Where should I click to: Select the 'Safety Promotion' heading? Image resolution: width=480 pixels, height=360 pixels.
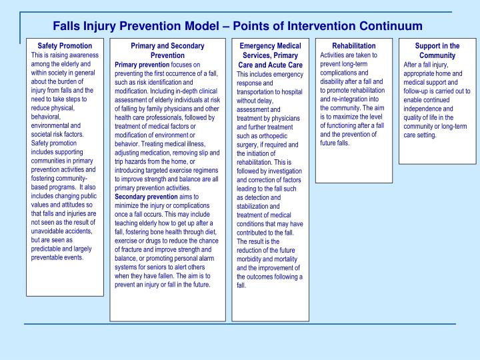click(65, 46)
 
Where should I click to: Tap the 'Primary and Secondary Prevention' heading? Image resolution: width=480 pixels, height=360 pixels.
click(167, 50)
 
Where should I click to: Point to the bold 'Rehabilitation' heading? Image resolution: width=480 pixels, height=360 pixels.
click(353, 46)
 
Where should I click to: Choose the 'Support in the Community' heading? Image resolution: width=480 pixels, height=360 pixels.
click(437, 51)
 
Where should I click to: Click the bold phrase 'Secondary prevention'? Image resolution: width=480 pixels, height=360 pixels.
click(146, 197)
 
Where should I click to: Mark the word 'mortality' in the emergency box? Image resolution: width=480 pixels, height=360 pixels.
click(285, 259)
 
